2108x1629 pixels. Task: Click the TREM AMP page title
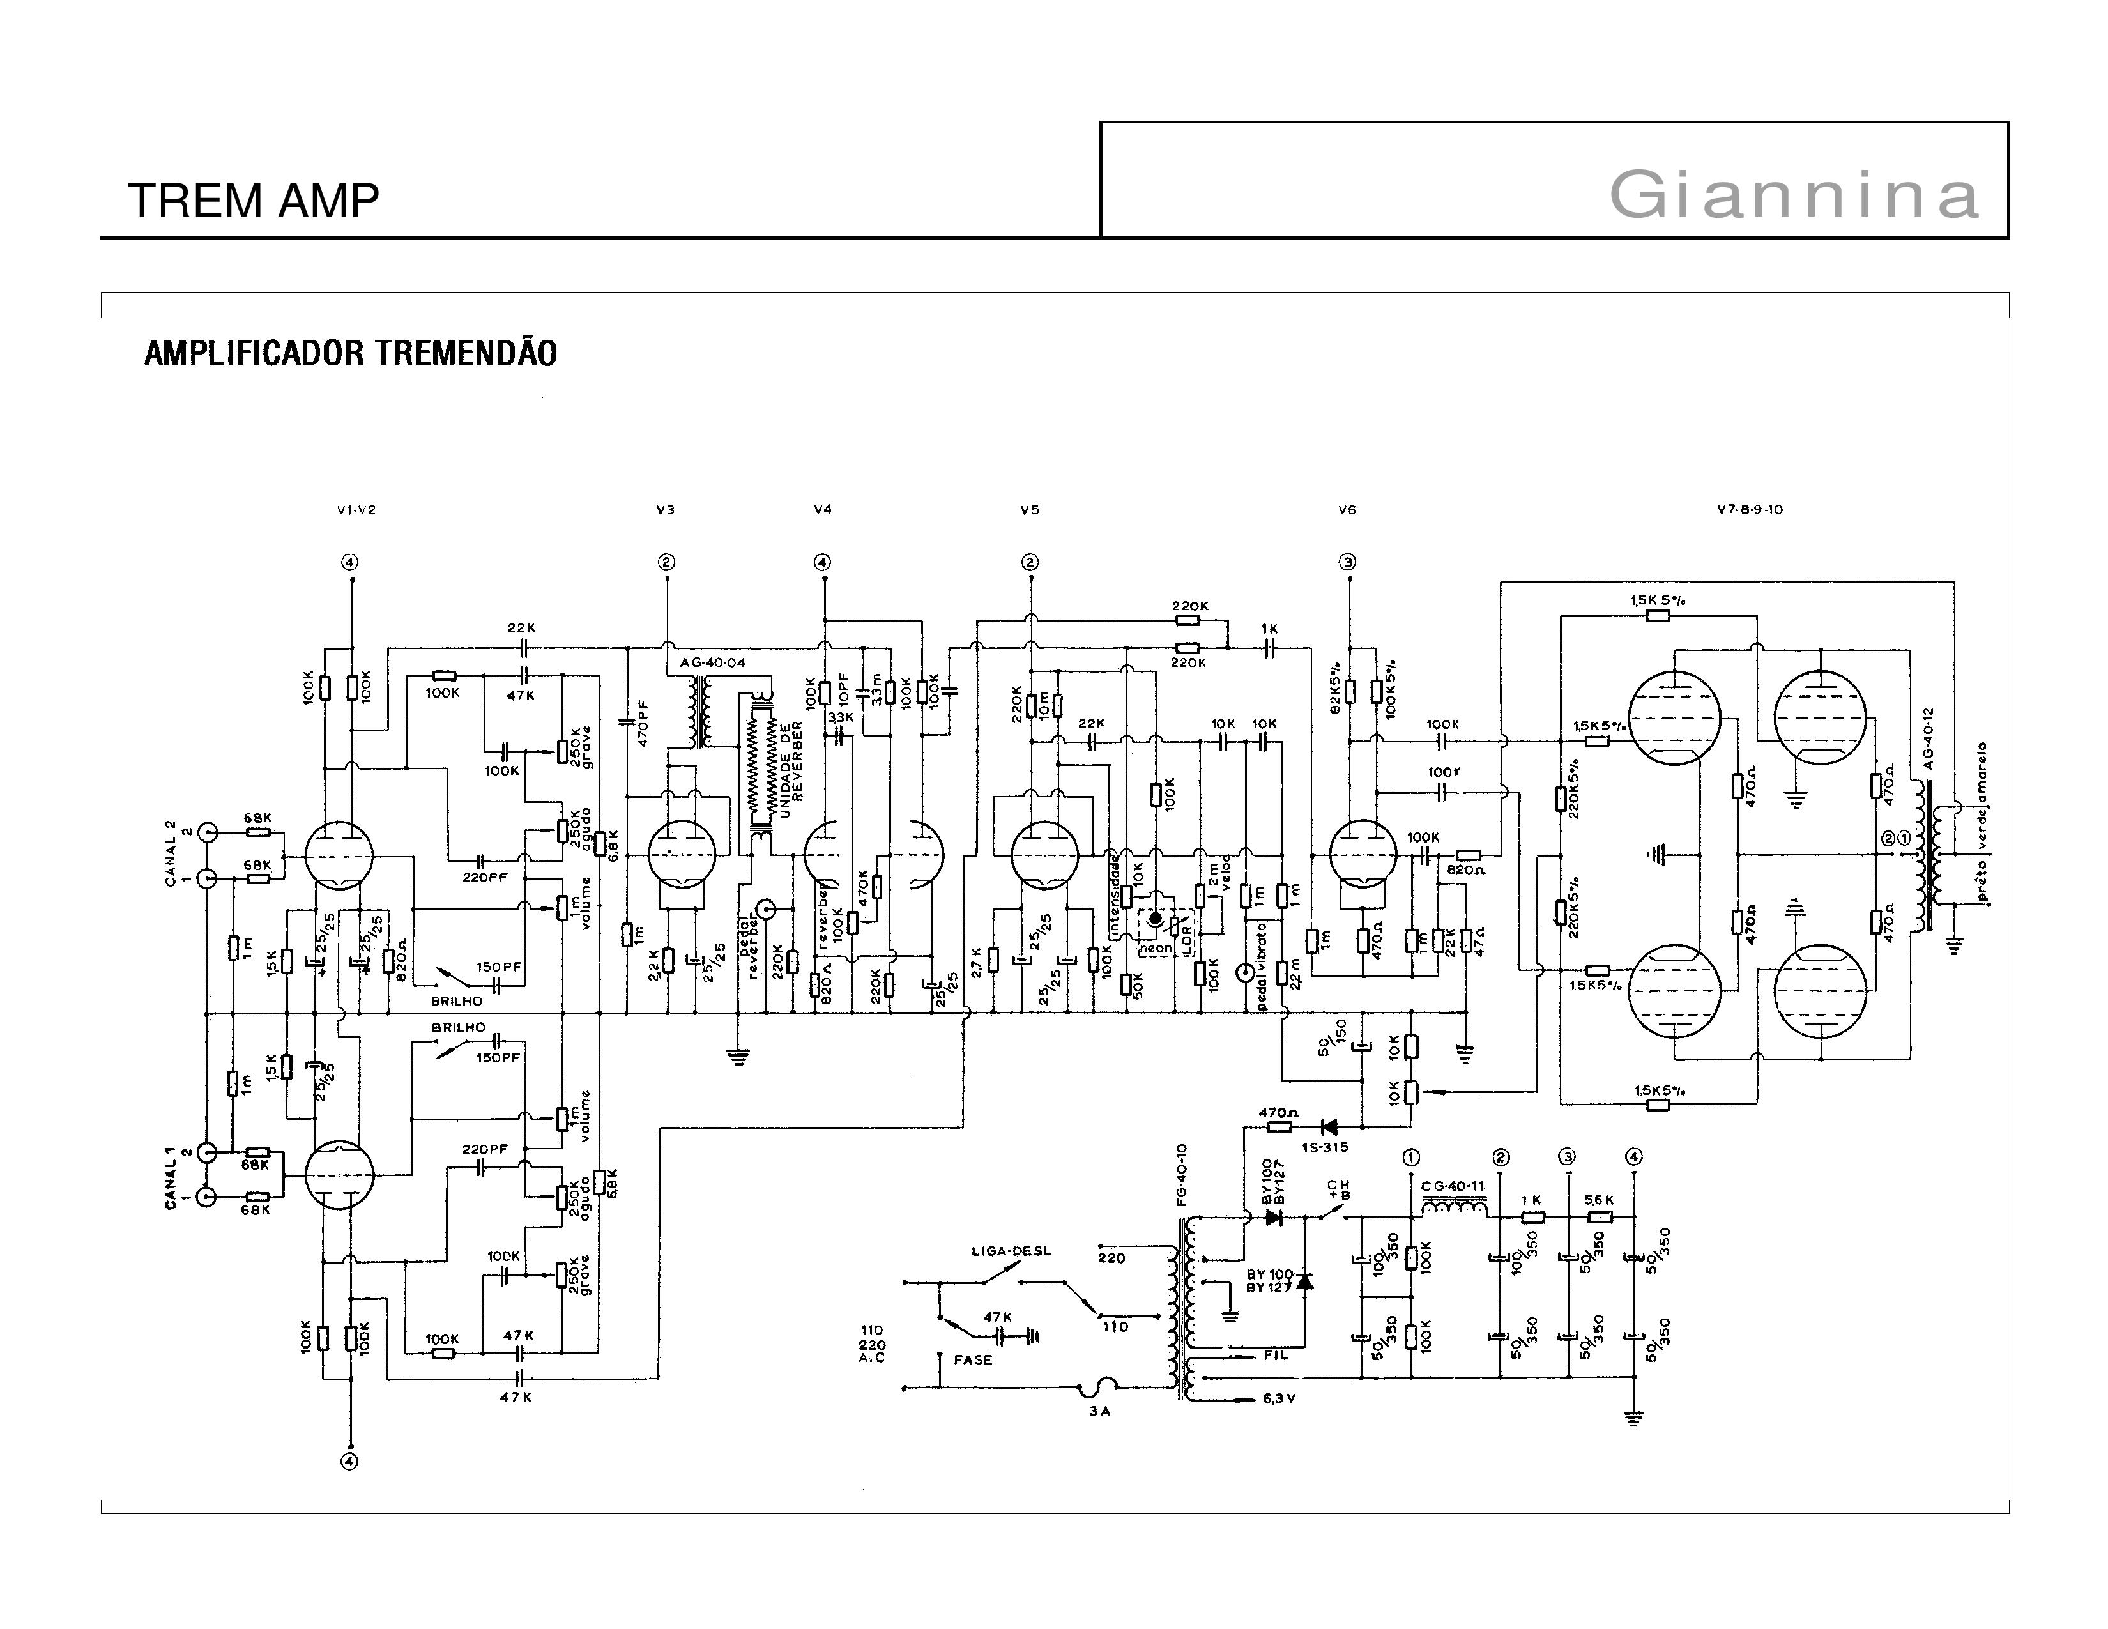coord(253,201)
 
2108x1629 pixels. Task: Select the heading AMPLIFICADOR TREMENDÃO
coord(350,353)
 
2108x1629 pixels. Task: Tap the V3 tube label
coord(665,510)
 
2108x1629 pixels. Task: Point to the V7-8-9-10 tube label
coord(1749,510)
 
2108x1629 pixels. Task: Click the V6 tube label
coord(1347,510)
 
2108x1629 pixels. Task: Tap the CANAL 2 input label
coord(171,853)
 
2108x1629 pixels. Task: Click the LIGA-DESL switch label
coord(1011,1251)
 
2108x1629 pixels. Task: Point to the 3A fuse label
coord(1099,1411)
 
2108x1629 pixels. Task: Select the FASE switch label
coord(972,1360)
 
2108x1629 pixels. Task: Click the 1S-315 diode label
coord(1324,1147)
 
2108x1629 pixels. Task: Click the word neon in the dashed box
coord(1156,949)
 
